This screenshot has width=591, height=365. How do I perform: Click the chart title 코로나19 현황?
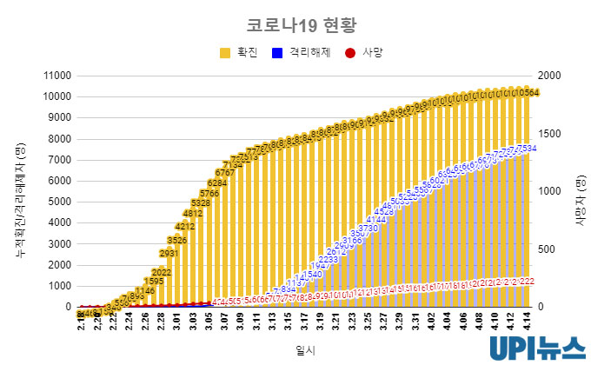[x=296, y=23]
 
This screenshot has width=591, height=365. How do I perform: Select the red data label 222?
[x=526, y=282]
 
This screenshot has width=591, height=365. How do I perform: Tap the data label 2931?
[x=169, y=253]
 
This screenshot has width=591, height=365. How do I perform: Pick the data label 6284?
[x=216, y=183]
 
